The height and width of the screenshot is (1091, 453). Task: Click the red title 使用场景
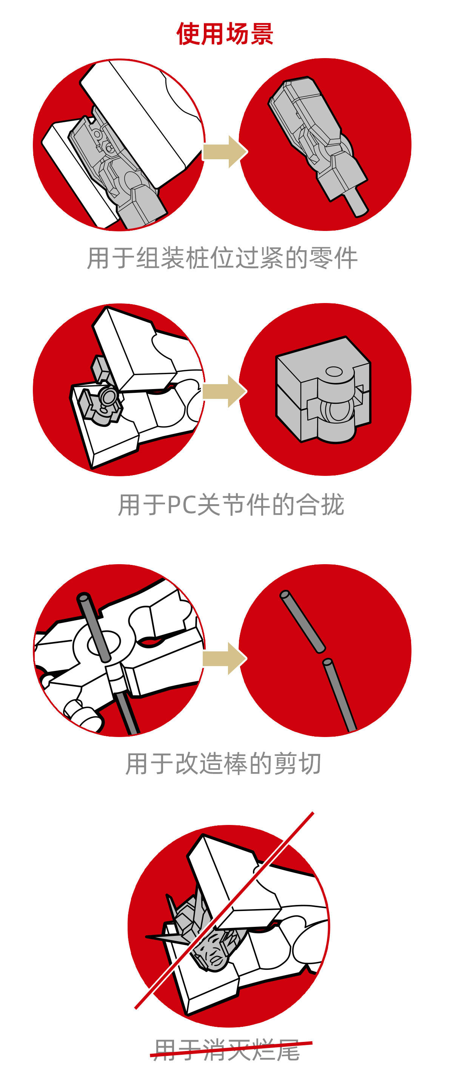[225, 34]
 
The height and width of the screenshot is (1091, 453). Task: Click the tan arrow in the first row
[225, 152]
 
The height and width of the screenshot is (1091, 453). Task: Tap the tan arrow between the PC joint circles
[225, 391]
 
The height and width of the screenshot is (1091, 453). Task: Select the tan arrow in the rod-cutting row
[225, 659]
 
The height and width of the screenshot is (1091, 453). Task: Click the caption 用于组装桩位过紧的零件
[222, 257]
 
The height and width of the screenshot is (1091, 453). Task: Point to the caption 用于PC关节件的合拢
[231, 505]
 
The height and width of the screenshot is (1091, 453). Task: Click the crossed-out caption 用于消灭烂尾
[227, 1050]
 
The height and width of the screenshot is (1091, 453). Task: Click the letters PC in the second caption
[182, 505]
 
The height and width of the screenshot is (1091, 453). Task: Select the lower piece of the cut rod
[339, 695]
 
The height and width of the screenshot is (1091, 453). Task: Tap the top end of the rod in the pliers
[83, 598]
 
